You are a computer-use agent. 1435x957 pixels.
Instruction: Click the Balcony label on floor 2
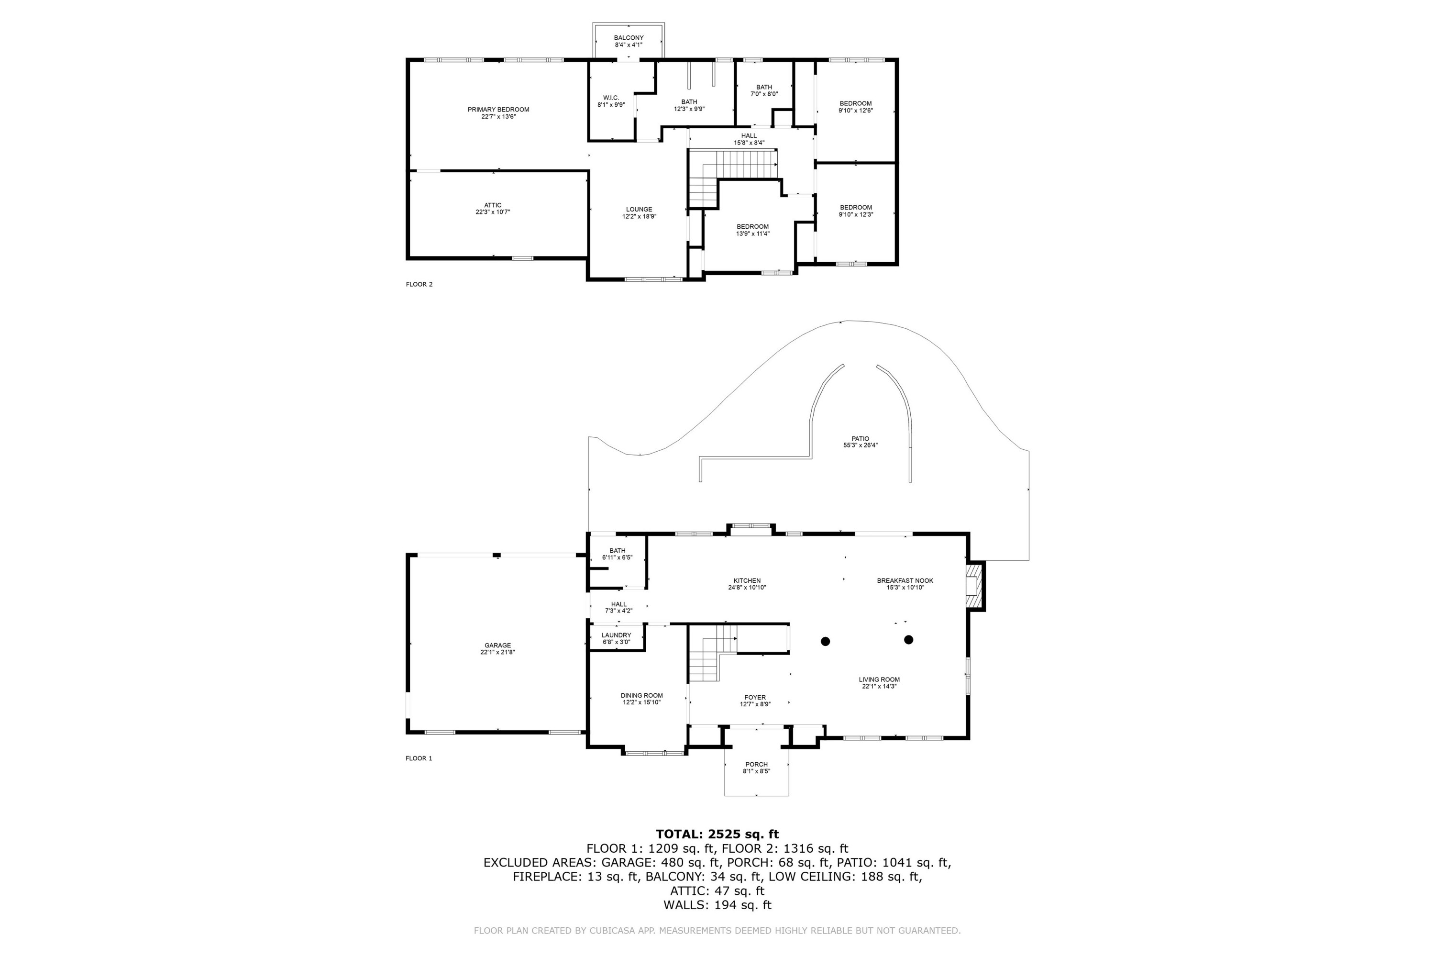click(x=629, y=38)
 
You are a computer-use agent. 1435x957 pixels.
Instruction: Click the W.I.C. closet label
click(x=611, y=98)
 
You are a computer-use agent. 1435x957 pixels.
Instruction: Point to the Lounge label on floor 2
click(x=639, y=210)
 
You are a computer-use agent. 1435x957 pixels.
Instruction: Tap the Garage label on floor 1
click(x=497, y=645)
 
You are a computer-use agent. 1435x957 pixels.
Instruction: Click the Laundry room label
click(x=616, y=635)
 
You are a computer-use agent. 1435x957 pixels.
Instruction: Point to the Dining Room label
click(x=641, y=695)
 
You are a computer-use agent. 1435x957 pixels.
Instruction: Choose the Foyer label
click(x=755, y=697)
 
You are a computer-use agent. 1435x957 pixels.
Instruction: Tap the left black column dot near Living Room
click(x=826, y=642)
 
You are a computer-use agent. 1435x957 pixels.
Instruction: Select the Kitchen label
click(x=747, y=580)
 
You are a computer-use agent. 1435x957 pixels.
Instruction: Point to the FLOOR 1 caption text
click(x=419, y=758)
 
